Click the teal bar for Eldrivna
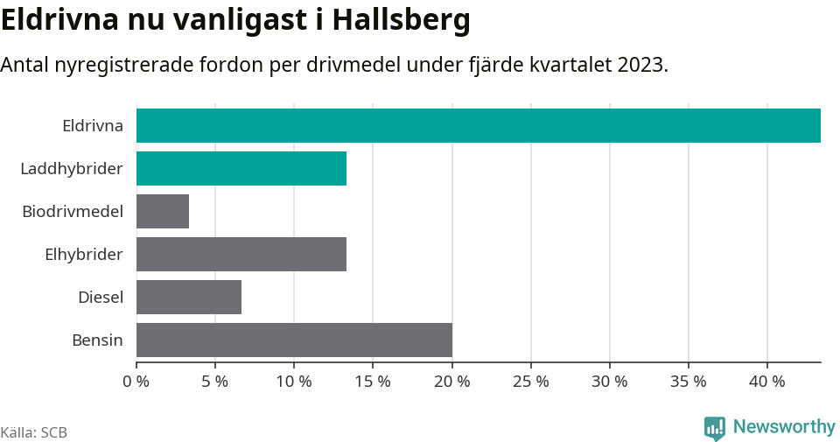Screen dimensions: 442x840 tap(478, 125)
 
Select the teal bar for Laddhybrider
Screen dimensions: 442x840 tap(241, 168)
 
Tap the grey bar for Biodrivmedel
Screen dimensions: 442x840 tap(163, 211)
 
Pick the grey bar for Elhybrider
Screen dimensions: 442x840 tap(241, 254)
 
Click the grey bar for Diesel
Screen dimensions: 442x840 tap(189, 297)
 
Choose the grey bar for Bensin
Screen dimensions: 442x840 tap(294, 340)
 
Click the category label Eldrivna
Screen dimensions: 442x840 tap(93, 125)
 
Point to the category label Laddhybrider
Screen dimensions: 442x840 tap(72, 168)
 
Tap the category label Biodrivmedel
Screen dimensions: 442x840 tap(73, 211)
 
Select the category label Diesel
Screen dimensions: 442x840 tap(101, 297)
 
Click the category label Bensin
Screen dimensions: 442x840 tap(97, 340)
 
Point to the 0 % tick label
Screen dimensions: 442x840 tap(136, 382)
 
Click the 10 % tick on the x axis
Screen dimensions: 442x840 tap(294, 382)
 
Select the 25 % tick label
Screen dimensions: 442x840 tap(531, 382)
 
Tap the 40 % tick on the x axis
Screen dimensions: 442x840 tap(767, 382)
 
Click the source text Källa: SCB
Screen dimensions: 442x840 tap(34, 432)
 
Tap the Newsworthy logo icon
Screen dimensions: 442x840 tap(714, 427)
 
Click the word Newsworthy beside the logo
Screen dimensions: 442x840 tap(784, 427)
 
